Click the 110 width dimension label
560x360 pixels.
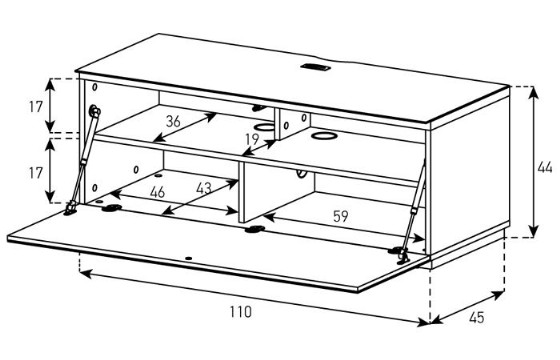[x=240, y=312]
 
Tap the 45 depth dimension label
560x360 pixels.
[x=476, y=317]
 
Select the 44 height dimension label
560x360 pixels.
[x=545, y=167]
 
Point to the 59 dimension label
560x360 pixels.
[x=340, y=216]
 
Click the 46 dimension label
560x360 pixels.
[x=158, y=192]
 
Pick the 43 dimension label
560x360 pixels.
[x=204, y=188]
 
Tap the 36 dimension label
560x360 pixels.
[x=173, y=121]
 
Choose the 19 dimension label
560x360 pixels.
[x=252, y=139]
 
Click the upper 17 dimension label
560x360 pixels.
[x=36, y=106]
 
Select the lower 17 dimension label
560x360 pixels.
[x=36, y=173]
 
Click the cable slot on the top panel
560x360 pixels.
[x=315, y=67]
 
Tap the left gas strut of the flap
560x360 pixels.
[x=83, y=160]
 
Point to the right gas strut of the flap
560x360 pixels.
[x=413, y=211]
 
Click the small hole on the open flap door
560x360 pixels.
[x=189, y=258]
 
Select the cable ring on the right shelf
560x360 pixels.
[x=324, y=135]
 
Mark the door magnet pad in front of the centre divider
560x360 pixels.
[x=255, y=229]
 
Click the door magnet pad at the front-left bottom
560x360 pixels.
[x=111, y=208]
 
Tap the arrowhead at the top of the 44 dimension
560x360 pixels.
[x=534, y=92]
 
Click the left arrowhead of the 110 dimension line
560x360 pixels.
[x=86, y=274]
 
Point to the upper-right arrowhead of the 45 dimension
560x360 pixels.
[x=498, y=295]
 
